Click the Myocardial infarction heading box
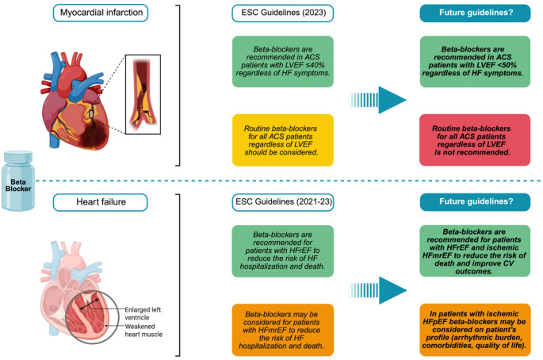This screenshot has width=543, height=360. tap(101, 13)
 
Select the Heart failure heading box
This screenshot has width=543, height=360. tap(101, 202)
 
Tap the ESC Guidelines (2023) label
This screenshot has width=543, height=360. tap(283, 13)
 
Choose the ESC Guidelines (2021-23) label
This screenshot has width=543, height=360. tap(283, 202)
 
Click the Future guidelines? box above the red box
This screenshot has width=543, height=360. tap(475, 13)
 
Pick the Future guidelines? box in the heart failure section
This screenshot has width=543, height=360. tap(475, 202)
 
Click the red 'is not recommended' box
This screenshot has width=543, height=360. tap(475, 140)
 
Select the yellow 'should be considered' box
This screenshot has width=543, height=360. tap(283, 140)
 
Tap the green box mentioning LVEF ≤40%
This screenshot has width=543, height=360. tap(283, 61)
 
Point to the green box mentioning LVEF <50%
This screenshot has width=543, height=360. tap(475, 61)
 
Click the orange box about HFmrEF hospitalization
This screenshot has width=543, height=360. tap(283, 330)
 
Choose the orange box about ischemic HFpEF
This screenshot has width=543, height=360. tap(475, 330)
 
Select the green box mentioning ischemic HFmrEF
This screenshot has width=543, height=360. tap(475, 251)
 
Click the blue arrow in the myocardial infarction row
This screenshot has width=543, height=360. tap(377, 100)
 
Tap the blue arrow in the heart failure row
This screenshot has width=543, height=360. tap(377, 290)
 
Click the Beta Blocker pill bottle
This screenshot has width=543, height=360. tap(18, 181)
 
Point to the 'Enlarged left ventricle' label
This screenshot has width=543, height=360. tap(143, 313)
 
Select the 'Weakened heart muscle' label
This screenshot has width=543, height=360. tap(143, 330)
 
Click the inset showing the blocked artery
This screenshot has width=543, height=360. tap(143, 94)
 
